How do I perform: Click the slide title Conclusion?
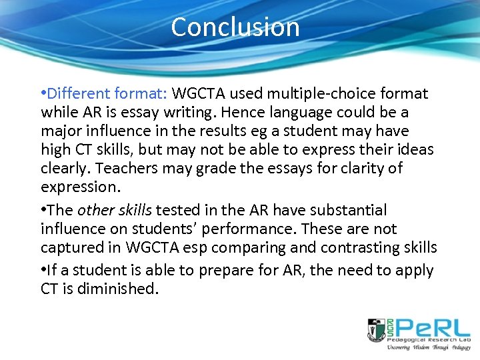point(235,27)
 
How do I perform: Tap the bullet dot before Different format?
point(43,94)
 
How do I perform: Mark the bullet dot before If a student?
point(43,271)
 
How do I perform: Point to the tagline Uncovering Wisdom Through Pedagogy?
point(418,347)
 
